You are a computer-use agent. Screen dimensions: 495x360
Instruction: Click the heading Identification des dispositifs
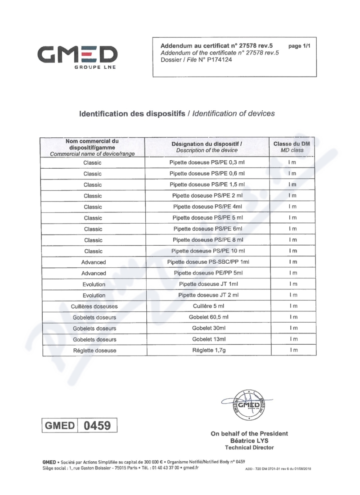pos(133,114)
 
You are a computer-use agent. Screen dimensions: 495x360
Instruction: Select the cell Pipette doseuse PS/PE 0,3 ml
pos(207,162)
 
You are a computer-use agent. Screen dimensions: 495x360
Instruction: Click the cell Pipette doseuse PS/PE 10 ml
pos(207,251)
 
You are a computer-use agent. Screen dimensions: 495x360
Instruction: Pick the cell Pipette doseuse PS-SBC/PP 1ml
pos(207,262)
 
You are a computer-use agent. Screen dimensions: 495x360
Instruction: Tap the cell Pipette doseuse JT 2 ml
pos(207,295)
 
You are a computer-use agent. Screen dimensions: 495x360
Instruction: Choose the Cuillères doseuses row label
pos(94,306)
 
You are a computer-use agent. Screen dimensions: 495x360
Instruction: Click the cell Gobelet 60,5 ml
pos(207,317)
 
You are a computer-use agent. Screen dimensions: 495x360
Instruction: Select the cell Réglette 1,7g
pos(207,350)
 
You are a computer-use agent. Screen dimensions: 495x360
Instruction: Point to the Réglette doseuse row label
pos(94,351)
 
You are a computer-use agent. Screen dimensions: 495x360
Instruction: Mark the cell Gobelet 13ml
pos(207,339)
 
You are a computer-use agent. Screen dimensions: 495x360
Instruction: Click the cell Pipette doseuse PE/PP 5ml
pos(207,273)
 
